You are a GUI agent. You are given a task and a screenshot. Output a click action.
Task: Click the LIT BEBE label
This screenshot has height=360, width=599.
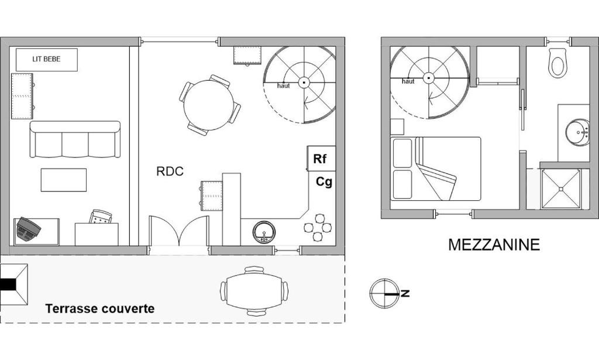tap(46, 59)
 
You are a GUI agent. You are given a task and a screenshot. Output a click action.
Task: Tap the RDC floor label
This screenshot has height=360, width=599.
tap(170, 171)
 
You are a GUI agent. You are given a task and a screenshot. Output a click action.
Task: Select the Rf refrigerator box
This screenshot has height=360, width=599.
tap(321, 158)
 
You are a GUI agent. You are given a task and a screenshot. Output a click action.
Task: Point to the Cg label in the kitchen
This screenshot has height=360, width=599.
tap(324, 182)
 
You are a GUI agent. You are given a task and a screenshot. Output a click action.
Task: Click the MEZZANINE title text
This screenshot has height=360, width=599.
tap(494, 245)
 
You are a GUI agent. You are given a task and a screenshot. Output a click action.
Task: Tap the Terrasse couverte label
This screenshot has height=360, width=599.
tap(100, 308)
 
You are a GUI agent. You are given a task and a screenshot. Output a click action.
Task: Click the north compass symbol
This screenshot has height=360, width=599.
tap(384, 293)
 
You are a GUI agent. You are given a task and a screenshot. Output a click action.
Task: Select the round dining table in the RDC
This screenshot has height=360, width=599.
tap(208, 105)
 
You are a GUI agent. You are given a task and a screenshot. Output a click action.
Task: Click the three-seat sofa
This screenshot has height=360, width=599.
tap(75, 139)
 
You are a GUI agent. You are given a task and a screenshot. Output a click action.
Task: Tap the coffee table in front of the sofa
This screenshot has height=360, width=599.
tap(63, 180)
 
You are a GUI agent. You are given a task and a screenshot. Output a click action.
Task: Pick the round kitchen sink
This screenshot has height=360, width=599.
tap(264, 232)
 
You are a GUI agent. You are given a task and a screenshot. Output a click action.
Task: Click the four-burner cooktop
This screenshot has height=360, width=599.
tap(318, 228)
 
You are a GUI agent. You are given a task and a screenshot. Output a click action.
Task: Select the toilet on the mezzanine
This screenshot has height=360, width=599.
tap(556, 63)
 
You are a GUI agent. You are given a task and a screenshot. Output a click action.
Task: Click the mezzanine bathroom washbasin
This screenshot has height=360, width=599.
tap(577, 132)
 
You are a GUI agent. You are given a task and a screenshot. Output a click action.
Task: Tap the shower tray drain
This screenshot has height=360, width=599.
tap(561, 189)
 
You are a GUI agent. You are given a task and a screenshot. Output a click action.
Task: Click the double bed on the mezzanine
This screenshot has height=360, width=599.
tap(435, 169)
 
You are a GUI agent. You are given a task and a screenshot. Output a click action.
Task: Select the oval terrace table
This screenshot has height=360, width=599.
tap(254, 291)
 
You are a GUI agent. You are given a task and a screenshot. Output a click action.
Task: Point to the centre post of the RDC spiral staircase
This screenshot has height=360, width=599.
tap(304, 82)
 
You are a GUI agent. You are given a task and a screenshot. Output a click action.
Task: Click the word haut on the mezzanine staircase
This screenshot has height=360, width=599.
tap(408, 81)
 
